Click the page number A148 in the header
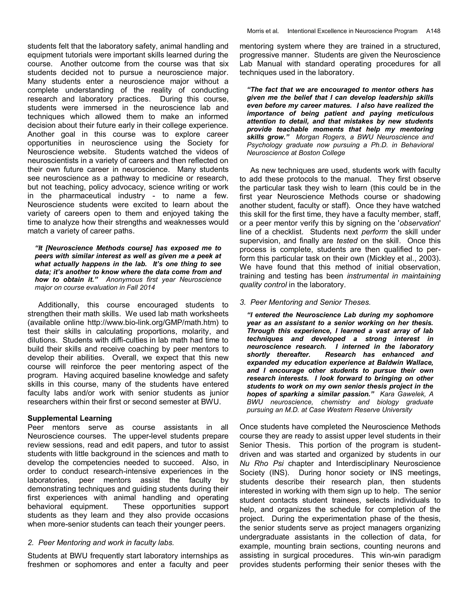pos(433,31)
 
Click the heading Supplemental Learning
pos(70,418)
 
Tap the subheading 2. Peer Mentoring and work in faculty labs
pos(101,542)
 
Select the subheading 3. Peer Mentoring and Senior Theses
pos(305,302)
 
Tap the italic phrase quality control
pos(263,285)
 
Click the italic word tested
pos(347,241)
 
